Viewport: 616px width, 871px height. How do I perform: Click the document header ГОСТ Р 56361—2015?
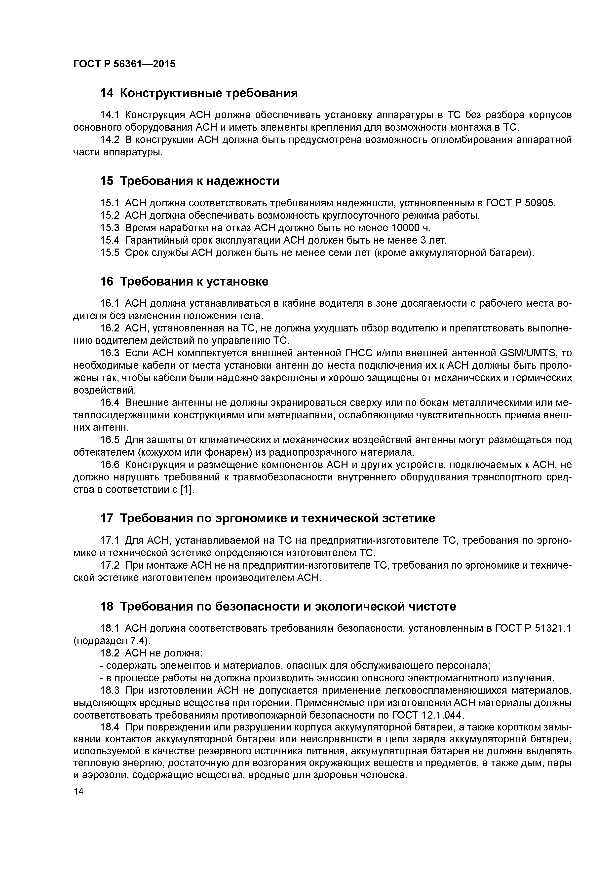pyautogui.click(x=124, y=64)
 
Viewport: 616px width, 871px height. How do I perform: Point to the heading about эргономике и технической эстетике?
pyautogui.click(x=267, y=518)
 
